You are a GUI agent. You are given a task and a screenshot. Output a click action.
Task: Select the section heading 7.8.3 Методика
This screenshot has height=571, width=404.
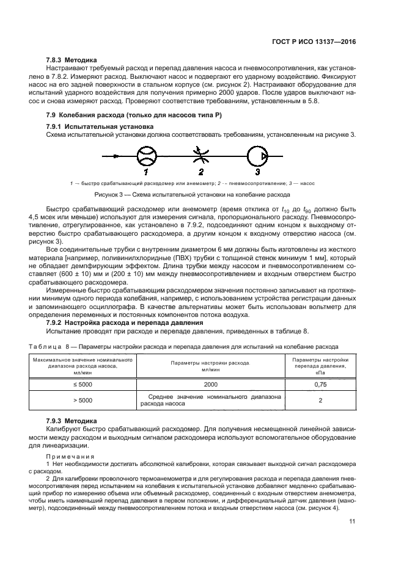coord(71,60)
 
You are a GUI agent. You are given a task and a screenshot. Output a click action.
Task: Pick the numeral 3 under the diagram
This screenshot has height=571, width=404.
coord(257,173)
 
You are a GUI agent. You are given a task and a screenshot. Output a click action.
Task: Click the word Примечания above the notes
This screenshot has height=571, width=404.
coord(70,457)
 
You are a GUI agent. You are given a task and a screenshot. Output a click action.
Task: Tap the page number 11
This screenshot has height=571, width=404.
coord(352,521)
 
